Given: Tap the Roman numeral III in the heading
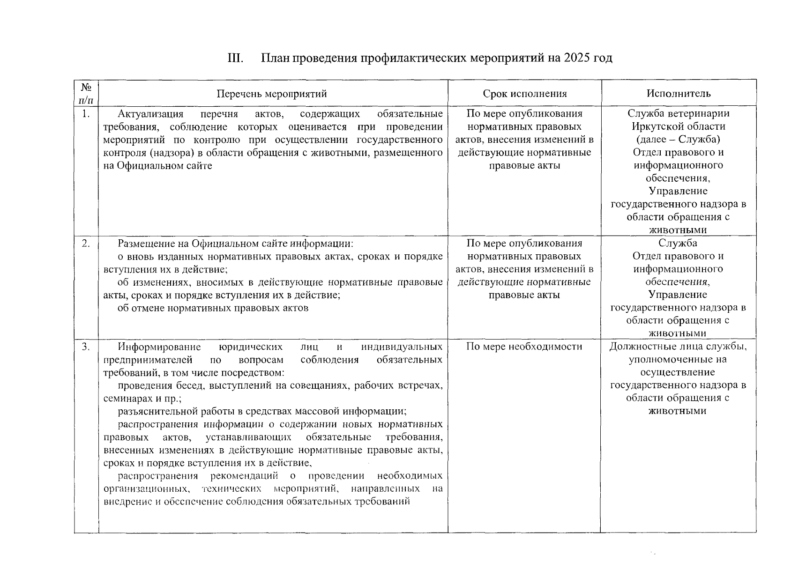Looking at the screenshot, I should tap(235, 58).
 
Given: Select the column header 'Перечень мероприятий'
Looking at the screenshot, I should tap(271, 94).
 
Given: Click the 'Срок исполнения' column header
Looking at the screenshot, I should tap(524, 94).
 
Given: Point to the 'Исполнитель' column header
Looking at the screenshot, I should tap(678, 94).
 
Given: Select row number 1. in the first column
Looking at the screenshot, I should tap(86, 114).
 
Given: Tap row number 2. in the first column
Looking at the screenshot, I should tap(86, 243).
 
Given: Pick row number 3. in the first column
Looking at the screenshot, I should tap(86, 347).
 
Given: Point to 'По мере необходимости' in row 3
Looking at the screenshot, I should tap(524, 347).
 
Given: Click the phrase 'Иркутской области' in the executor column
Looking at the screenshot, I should tap(678, 126).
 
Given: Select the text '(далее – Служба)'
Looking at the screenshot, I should tap(678, 140).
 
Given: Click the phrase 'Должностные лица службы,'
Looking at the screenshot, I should tap(678, 347).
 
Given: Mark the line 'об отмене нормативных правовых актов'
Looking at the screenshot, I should tap(213, 308).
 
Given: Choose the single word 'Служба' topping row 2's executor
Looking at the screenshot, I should tap(678, 243).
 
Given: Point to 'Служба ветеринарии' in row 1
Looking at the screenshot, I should tap(678, 114).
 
